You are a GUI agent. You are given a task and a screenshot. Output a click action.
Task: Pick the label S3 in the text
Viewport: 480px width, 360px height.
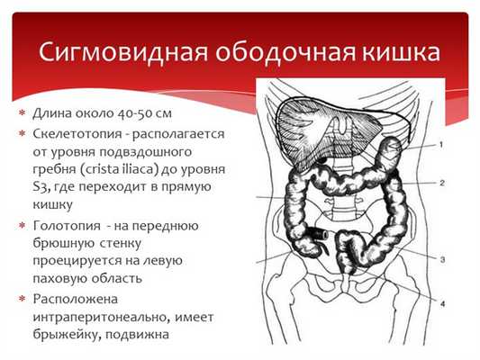(x=40, y=187)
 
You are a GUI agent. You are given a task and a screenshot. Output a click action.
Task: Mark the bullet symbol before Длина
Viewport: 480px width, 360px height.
(x=22, y=114)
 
